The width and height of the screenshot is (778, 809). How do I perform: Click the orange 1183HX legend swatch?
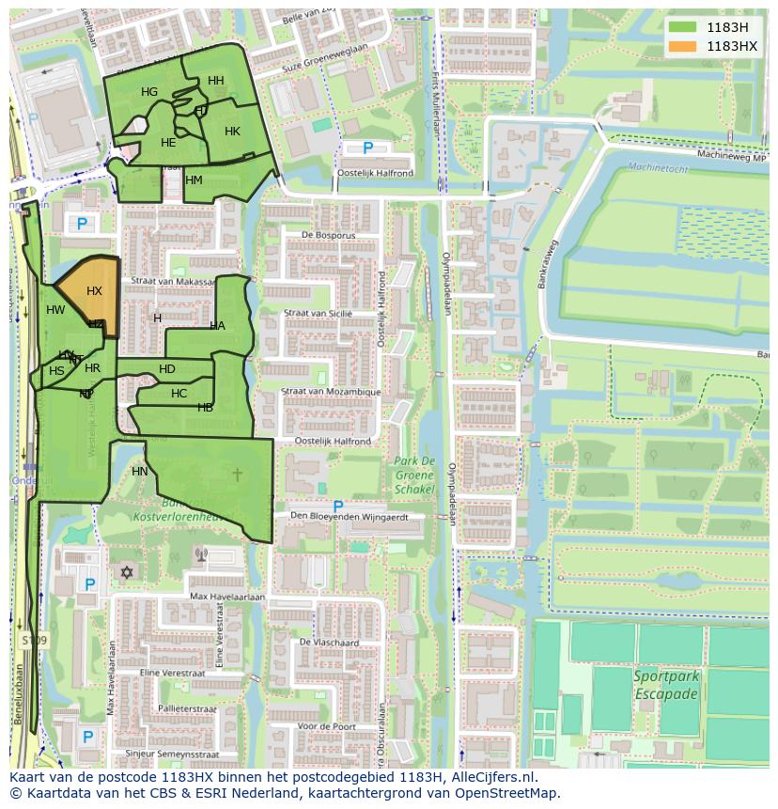pyautogui.click(x=683, y=45)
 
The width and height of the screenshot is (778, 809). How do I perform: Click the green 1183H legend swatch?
pyautogui.click(x=683, y=27)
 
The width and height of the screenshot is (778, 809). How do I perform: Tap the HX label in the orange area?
pyautogui.click(x=94, y=291)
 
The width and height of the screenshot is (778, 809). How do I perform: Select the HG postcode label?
pyautogui.click(x=149, y=92)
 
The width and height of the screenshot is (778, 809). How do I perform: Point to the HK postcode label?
pyautogui.click(x=232, y=132)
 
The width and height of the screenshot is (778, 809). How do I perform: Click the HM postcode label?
pyautogui.click(x=194, y=180)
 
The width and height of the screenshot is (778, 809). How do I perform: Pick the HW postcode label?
pyautogui.click(x=55, y=310)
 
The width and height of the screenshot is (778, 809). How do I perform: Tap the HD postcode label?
pyautogui.click(x=167, y=369)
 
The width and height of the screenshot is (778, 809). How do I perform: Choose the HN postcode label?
pyautogui.click(x=140, y=471)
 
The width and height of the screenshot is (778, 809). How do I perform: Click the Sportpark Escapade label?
pyautogui.click(x=665, y=685)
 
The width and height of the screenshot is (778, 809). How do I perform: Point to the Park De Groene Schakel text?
pyautogui.click(x=414, y=475)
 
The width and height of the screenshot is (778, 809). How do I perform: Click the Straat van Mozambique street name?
pyautogui.click(x=333, y=392)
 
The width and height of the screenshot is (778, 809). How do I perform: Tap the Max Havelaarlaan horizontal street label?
pyautogui.click(x=227, y=597)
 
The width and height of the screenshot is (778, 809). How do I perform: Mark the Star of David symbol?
pyautogui.click(x=127, y=572)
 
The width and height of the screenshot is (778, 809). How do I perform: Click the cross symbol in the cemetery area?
pyautogui.click(x=237, y=475)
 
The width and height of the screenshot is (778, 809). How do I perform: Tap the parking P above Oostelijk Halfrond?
pyautogui.click(x=367, y=148)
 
